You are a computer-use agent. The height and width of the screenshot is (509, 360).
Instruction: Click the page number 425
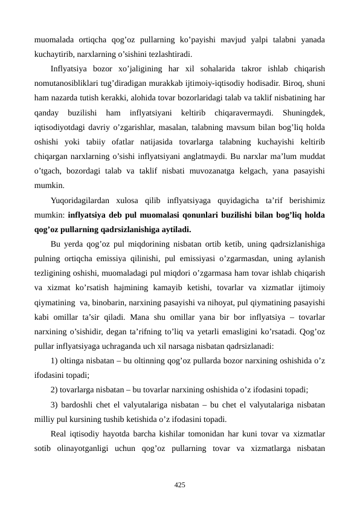click(x=179, y=484)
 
